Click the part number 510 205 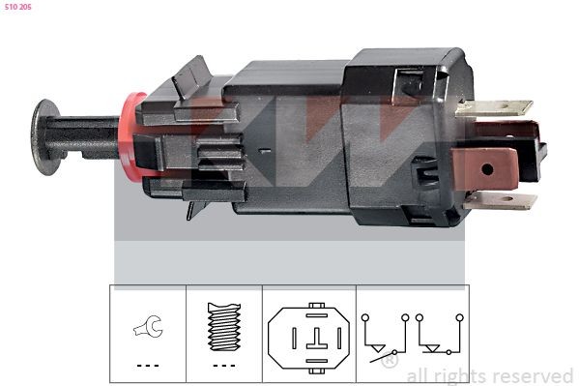coord(18,6)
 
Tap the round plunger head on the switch coord(43,135)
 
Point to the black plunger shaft coord(87,137)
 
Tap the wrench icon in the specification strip coord(148,328)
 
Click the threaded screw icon coord(223,327)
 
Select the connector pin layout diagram coord(308,335)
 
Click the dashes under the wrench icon coord(148,365)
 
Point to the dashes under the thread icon coord(223,365)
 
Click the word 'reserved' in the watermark coord(533,375)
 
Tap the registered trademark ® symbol coord(389,362)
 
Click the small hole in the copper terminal coord(486,168)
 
